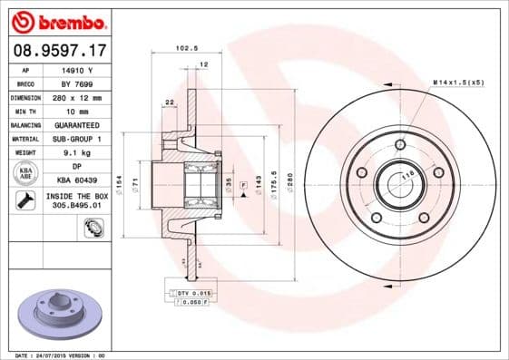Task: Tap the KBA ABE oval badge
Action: click(x=27, y=173)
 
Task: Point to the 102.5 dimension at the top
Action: click(x=186, y=49)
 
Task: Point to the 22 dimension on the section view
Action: click(x=170, y=102)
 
